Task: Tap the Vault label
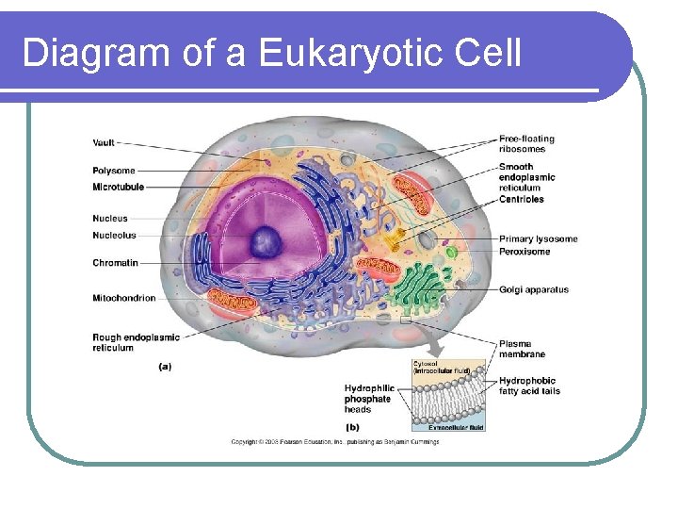point(105,143)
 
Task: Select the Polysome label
point(114,171)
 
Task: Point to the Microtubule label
point(119,187)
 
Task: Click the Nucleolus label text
point(114,235)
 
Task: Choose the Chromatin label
point(115,263)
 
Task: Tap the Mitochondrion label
point(123,299)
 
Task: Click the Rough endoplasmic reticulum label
point(136,342)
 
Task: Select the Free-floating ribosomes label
point(526,144)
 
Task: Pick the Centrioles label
point(522,199)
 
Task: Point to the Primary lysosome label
point(538,239)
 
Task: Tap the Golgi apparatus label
point(534,290)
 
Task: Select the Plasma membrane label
point(522,350)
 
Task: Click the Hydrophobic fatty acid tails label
point(529,386)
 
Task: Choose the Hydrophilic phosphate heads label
point(369,399)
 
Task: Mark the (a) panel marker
point(164,367)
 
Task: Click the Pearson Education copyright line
point(335,442)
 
